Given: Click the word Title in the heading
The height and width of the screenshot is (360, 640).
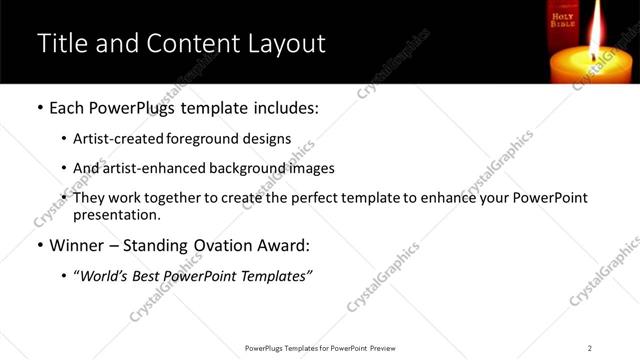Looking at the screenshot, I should click(61, 44).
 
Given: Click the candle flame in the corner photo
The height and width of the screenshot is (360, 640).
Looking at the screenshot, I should click(597, 31).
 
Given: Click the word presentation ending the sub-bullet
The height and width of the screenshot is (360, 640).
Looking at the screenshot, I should click(114, 214).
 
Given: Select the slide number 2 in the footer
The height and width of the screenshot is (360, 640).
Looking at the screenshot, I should click(590, 347).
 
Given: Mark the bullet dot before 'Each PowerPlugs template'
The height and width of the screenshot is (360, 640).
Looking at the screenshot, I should click(39, 107).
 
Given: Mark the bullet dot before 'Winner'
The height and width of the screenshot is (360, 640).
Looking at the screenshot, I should click(39, 245).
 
